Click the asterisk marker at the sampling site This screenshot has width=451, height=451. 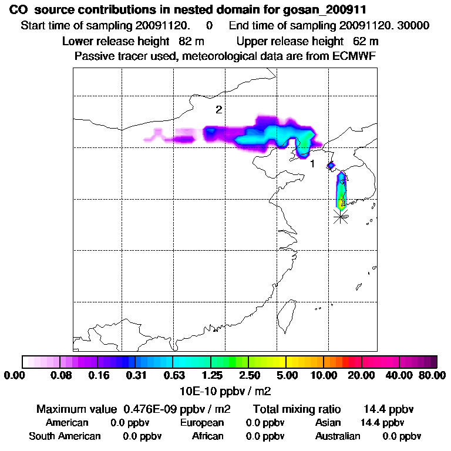[340, 217]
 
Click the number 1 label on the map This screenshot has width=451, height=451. [312, 164]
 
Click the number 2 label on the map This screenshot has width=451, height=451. [218, 110]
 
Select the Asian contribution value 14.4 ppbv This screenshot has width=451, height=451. [382, 423]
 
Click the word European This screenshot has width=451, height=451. [202, 423]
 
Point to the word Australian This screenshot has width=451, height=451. [338, 436]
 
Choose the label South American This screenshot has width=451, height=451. [65, 436]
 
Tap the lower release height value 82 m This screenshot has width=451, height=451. [191, 41]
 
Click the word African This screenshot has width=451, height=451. [207, 436]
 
